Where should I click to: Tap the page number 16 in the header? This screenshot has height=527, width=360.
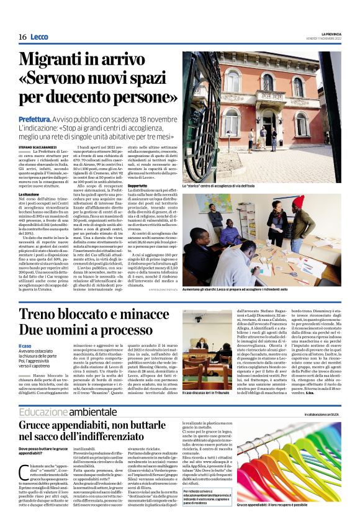tap(22, 37)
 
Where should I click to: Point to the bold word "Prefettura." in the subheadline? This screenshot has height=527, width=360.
tap(35, 118)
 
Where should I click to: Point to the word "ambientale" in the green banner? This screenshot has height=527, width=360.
tap(92, 412)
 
